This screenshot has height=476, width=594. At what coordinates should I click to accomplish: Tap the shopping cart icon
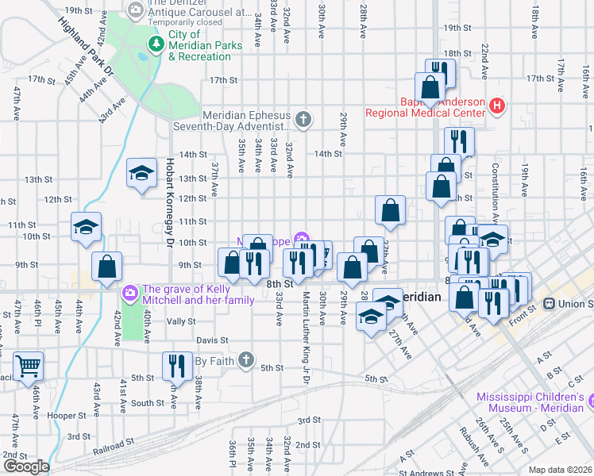point(28,366)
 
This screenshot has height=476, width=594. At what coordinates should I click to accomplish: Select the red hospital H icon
point(497,105)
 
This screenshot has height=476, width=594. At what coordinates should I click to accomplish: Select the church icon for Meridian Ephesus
point(302,121)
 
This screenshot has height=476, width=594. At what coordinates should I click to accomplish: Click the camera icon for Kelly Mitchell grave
point(129,294)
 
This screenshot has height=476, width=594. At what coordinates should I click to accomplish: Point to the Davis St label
point(211,340)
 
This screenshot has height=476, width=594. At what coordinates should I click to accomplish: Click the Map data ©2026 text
point(560,470)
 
